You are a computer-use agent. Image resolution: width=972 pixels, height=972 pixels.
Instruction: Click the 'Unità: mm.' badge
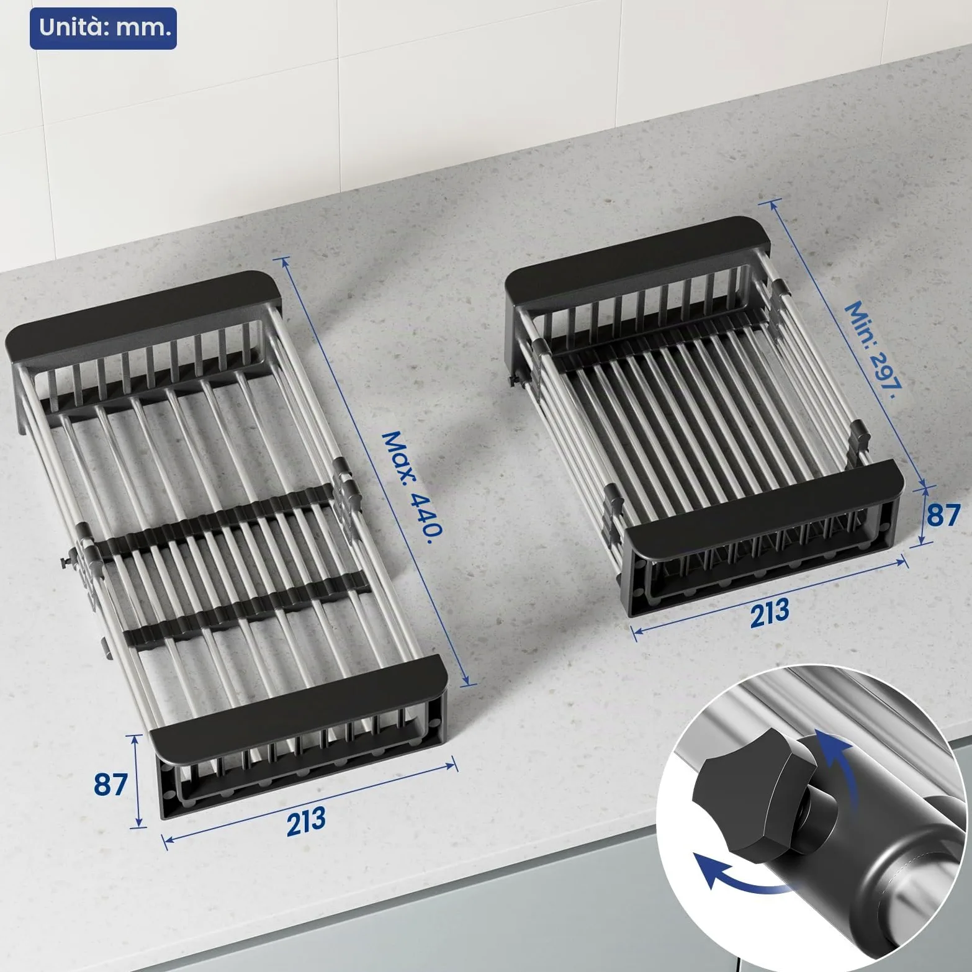[103, 28]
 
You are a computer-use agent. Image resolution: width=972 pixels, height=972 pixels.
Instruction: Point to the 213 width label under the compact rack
[769, 613]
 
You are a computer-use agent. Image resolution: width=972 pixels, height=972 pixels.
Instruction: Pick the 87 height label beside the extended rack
[111, 784]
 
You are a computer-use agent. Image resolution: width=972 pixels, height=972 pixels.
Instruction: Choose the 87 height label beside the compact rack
[943, 515]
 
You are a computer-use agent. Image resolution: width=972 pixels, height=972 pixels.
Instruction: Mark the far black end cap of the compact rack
[637, 261]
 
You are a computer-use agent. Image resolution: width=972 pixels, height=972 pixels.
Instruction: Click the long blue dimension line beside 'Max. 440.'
[377, 471]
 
